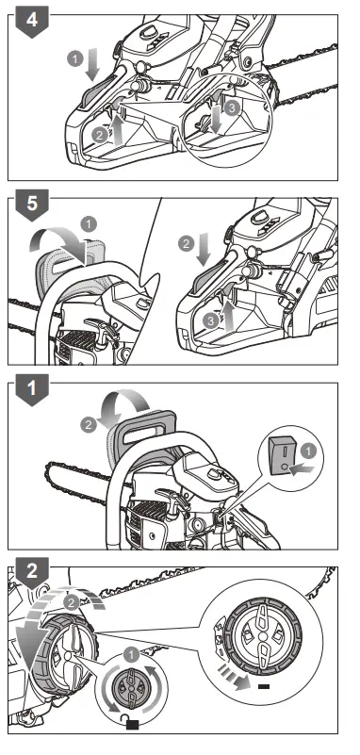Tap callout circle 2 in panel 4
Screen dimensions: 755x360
coord(100,133)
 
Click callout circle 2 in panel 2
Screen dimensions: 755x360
coord(68,599)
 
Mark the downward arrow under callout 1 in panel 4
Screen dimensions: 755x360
coord(91,68)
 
